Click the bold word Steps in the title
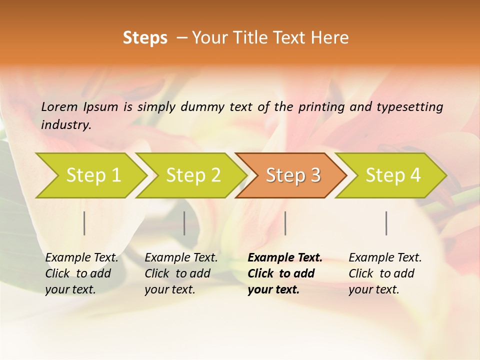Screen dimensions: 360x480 [x=145, y=38]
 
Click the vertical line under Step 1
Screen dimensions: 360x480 [x=84, y=223]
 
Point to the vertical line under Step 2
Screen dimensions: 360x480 [x=184, y=223]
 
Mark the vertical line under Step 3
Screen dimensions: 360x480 [x=285, y=223]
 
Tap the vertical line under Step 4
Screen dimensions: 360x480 [x=386, y=223]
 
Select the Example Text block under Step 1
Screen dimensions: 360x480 [x=81, y=273]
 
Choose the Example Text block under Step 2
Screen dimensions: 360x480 [x=181, y=273]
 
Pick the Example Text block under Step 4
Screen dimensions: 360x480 [x=385, y=273]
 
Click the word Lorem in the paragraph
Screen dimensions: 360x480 [x=59, y=106]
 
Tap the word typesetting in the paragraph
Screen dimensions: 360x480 [x=409, y=106]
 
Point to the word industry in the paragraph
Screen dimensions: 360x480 [x=65, y=124]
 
